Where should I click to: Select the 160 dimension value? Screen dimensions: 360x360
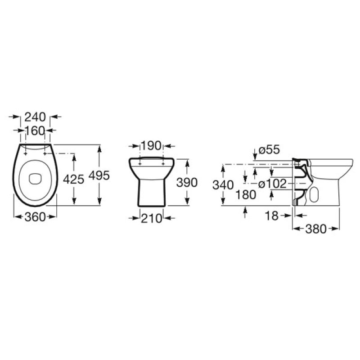click(35, 130)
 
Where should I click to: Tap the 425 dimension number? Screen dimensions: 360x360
click(74, 179)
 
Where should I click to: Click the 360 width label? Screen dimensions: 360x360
click(35, 217)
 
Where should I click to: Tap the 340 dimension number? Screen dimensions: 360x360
click(223, 184)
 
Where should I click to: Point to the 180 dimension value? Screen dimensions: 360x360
click(245, 194)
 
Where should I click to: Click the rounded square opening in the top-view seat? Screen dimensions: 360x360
click(35, 179)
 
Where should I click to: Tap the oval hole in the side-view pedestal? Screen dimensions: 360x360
click(315, 194)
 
